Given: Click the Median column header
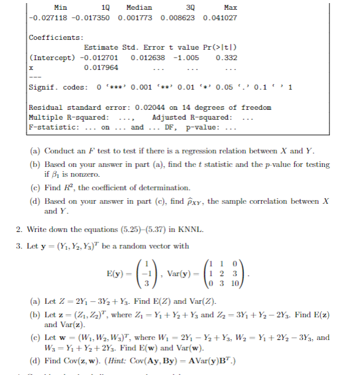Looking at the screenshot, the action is click(x=139, y=7).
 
